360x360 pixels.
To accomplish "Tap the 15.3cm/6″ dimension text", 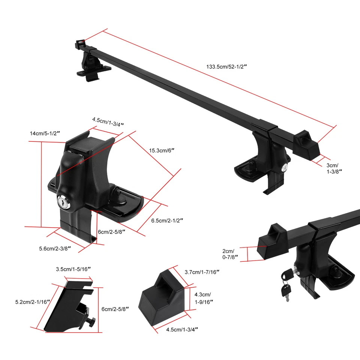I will coord(162,150).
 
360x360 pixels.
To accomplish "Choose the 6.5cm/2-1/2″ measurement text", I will coord(167,220).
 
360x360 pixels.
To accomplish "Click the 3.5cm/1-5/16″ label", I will coord(73,269).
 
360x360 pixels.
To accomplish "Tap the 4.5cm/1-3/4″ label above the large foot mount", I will coord(108,121).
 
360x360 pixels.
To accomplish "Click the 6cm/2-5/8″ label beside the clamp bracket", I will coord(115,309).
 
